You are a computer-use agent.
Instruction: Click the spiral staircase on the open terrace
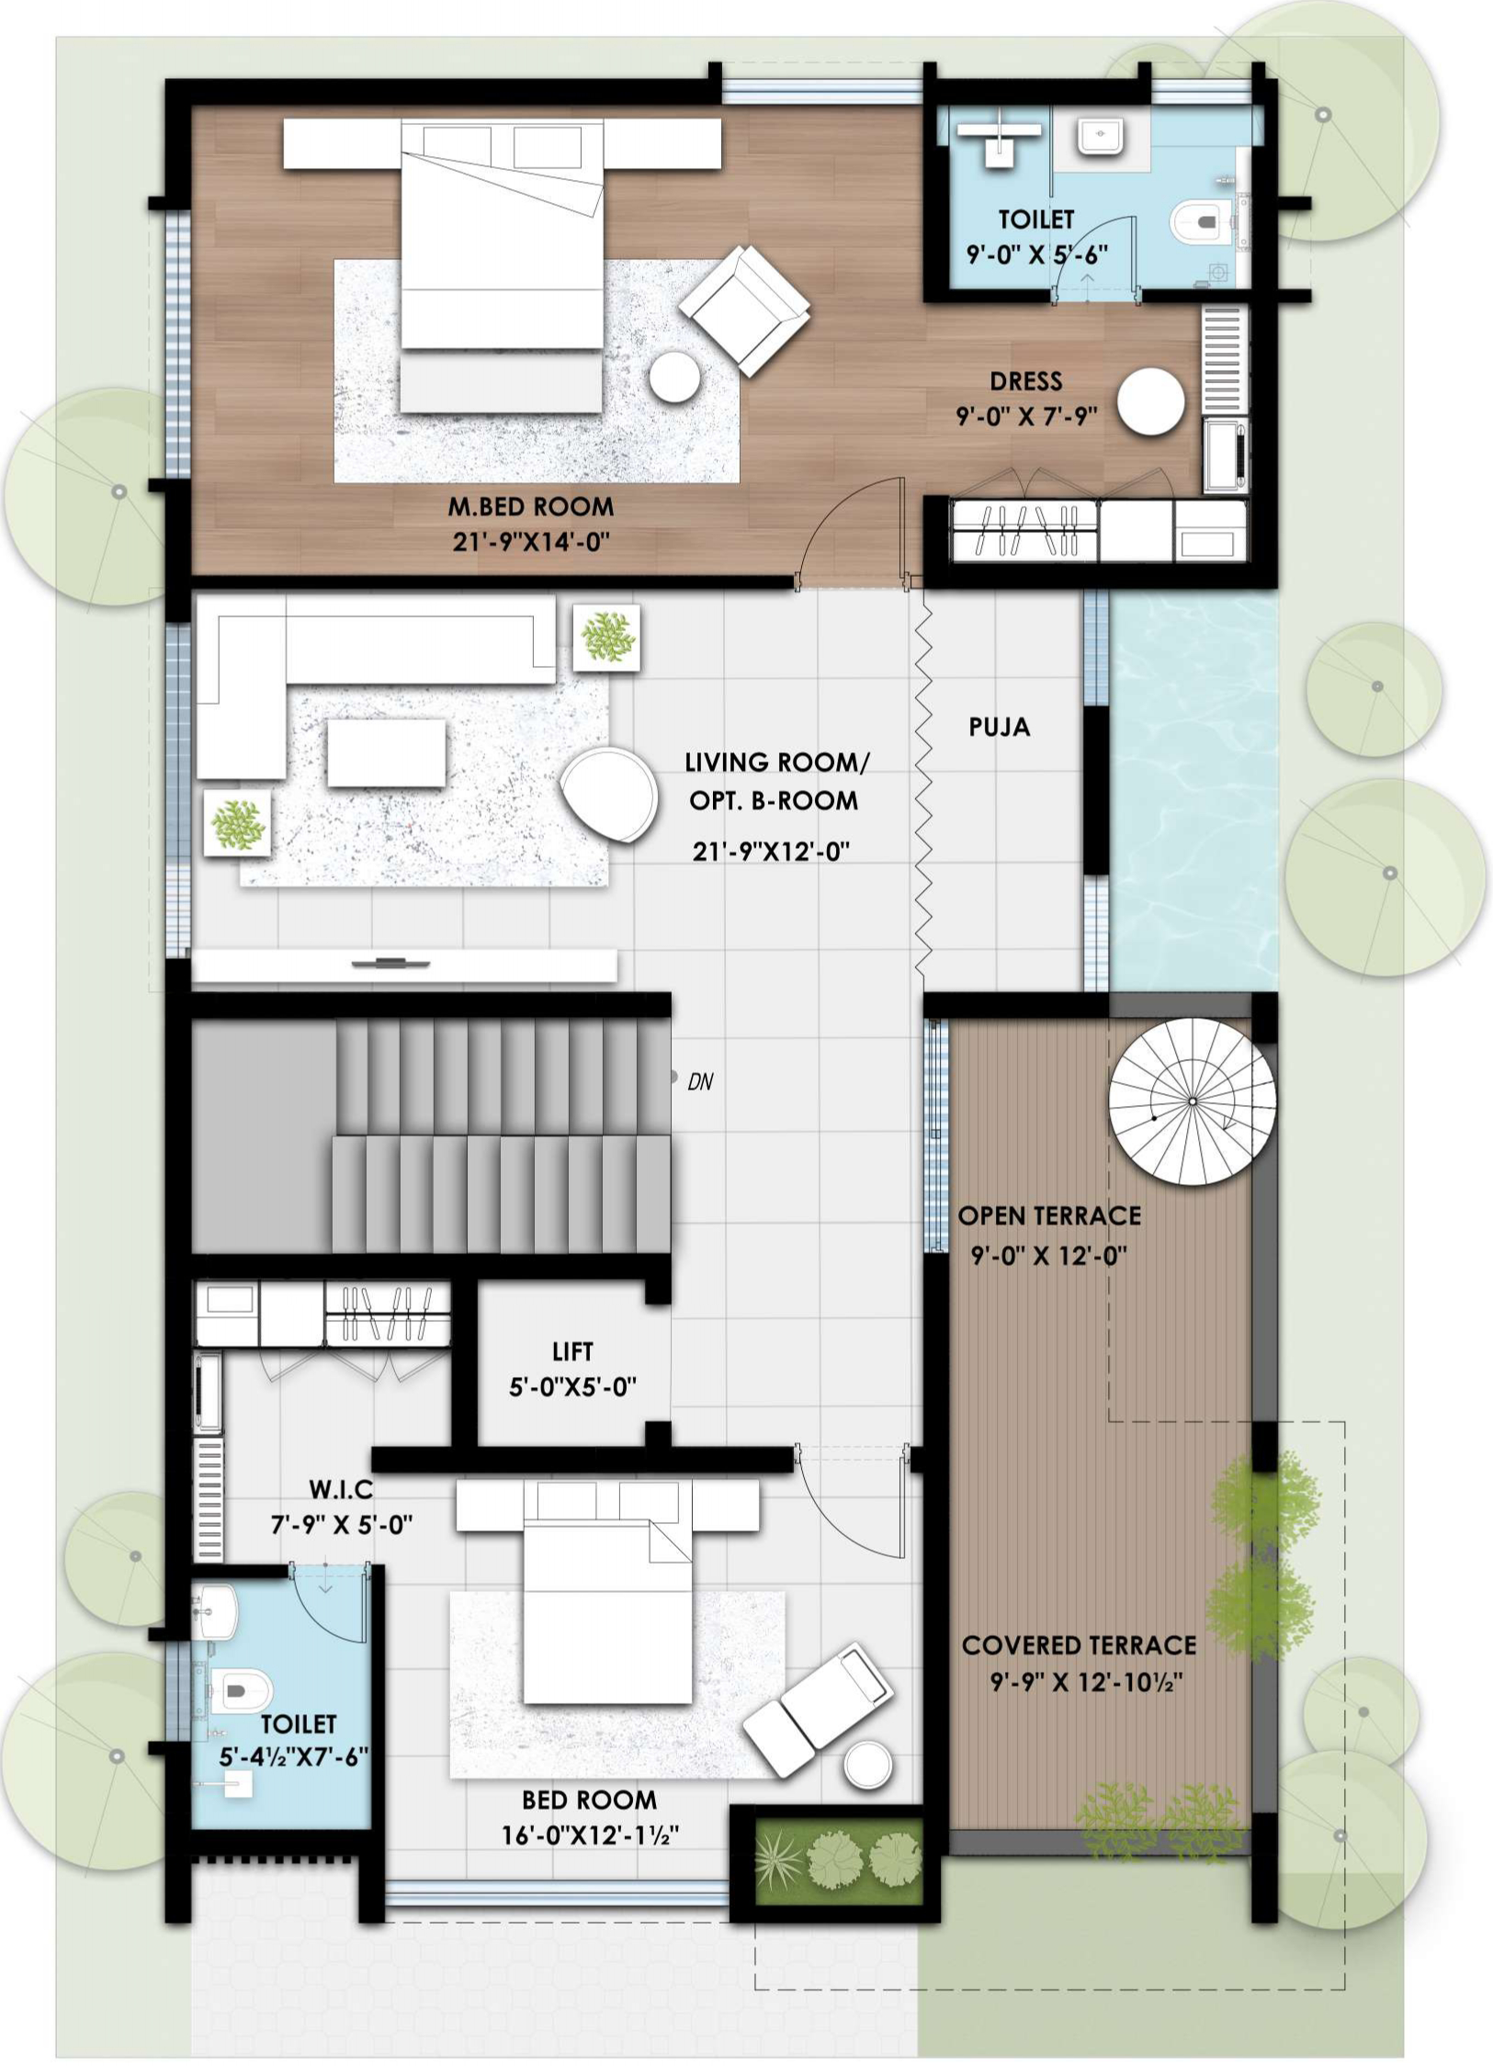[x=1191, y=1101]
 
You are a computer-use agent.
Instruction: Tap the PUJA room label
[x=999, y=728]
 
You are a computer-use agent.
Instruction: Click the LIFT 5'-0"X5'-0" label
[x=572, y=1369]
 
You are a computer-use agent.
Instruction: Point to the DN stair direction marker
[x=699, y=1082]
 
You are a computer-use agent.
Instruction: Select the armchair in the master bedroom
[x=745, y=310]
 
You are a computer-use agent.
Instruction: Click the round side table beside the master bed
[x=674, y=377]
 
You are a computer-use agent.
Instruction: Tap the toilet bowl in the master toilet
[x=1200, y=221]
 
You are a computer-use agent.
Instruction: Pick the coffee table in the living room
[x=386, y=753]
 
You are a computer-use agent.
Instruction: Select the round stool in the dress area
[x=1150, y=401]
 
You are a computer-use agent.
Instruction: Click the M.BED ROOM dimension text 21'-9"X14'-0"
[x=531, y=542]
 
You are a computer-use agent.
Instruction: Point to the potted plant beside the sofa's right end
[x=606, y=636]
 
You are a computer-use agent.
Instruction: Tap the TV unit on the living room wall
[x=404, y=965]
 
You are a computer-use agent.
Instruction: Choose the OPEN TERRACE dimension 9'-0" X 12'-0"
[x=1048, y=1255]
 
